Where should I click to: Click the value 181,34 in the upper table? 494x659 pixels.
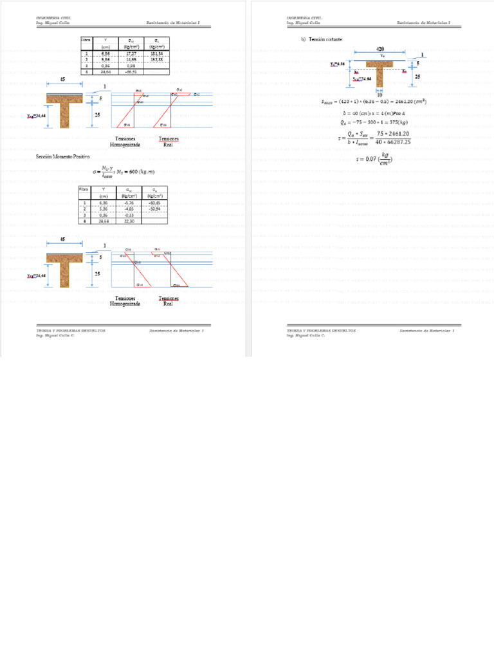click(156, 53)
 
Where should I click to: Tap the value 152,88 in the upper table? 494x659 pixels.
click(156, 59)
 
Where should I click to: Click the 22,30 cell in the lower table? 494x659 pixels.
click(129, 221)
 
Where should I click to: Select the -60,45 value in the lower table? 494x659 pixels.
click(154, 202)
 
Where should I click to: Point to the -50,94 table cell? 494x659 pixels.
click(154, 209)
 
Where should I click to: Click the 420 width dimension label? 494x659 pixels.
click(380, 49)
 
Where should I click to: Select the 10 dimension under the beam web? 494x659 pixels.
click(380, 95)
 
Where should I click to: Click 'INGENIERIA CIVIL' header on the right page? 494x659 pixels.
click(305, 17)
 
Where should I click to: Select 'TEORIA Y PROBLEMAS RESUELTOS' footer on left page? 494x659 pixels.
click(71, 330)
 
